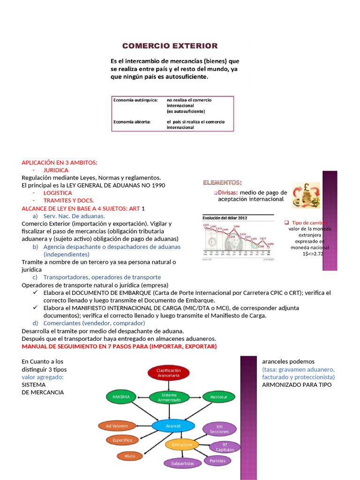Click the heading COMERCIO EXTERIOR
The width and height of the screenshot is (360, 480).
point(170,46)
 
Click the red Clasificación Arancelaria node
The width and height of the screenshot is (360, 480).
point(169,373)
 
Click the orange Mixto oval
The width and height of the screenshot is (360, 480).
point(130,456)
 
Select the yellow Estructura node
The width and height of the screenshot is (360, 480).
point(182,444)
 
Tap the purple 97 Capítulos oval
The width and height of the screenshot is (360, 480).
point(225,446)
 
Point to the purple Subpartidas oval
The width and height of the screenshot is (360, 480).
point(182,463)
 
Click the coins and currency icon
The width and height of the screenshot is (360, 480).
point(306,195)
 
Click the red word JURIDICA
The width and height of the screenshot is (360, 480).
point(56,170)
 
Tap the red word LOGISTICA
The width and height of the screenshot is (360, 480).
point(58,193)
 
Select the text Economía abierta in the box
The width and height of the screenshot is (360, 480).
point(132,122)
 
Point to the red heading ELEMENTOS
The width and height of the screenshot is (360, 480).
point(222,182)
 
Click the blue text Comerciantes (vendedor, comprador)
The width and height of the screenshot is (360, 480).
point(94,323)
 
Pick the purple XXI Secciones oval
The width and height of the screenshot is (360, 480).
point(219,429)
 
